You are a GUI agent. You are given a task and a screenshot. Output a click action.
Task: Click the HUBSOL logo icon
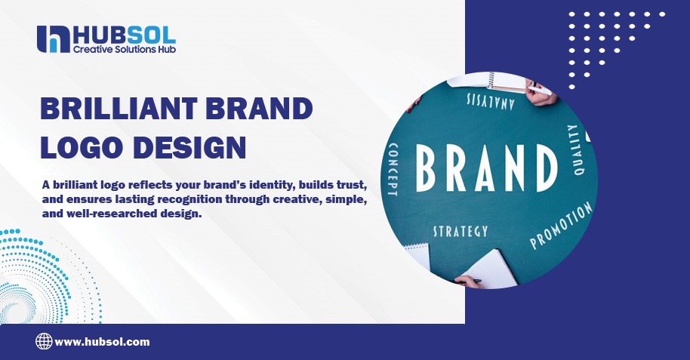coord(53,38)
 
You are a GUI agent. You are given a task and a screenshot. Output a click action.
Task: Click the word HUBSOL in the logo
coord(124,33)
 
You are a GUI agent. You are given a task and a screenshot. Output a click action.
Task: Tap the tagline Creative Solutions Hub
coord(124,49)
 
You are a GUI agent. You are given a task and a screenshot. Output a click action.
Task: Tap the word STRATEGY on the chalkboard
coord(460,231)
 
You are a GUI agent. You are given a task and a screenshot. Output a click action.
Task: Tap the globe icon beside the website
coord(44,342)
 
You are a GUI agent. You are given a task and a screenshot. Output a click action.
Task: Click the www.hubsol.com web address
coord(102,342)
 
